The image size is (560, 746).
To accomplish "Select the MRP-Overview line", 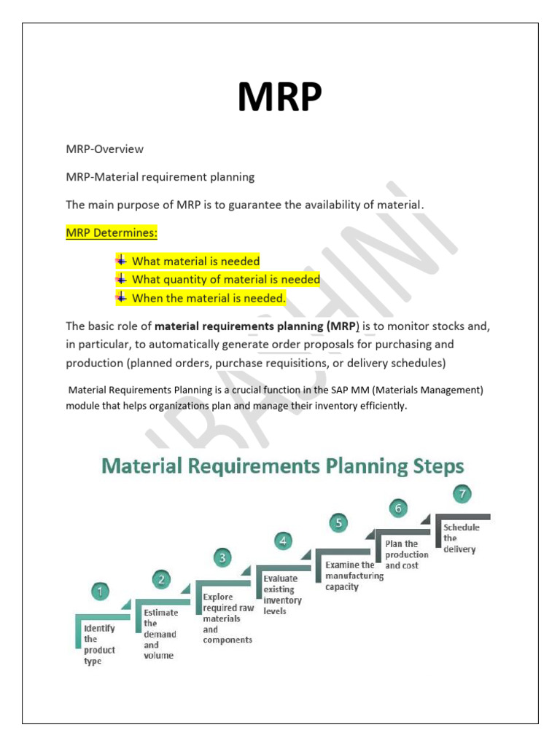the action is [105, 149].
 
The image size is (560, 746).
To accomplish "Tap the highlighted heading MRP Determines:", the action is [112, 233].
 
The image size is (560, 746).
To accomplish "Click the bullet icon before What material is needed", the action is [121, 260].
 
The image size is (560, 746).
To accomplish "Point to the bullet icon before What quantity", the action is [121, 279].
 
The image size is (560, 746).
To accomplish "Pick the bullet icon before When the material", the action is [121, 297].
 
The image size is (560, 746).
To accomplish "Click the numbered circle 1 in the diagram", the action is [101, 592].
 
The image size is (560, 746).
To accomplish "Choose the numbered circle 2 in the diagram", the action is [161, 580].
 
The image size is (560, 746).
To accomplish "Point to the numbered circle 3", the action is [222, 558].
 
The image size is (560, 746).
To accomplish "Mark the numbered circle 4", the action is [283, 541].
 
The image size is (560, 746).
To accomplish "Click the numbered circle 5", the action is [338, 522].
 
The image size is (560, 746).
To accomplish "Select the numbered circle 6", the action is [397, 507].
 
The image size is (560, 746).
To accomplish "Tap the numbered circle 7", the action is [462, 494].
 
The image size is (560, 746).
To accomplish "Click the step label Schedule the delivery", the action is [459, 538].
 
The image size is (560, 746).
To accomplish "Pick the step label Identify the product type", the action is [98, 645].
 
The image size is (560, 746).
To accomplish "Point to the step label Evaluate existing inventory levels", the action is [282, 594].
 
